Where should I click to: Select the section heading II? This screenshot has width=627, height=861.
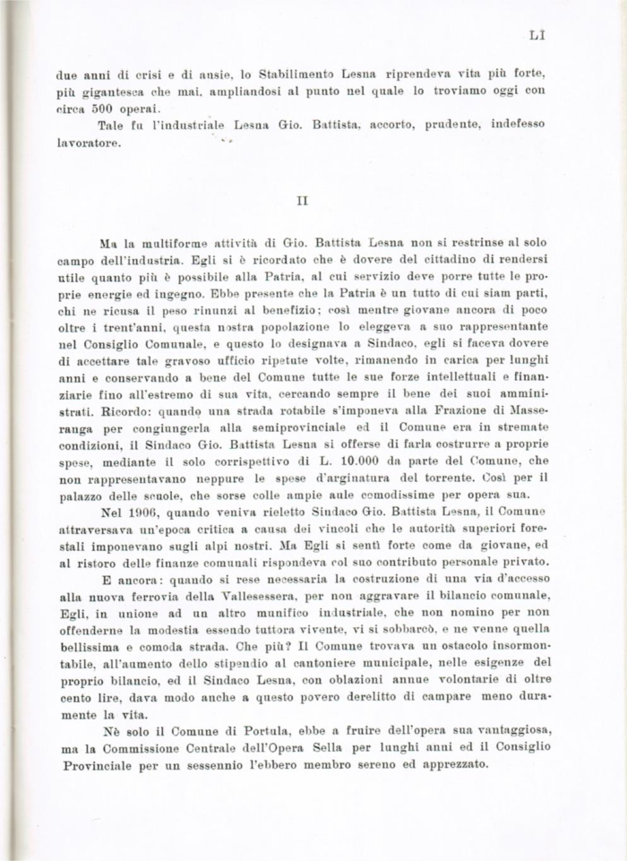[301, 201]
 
